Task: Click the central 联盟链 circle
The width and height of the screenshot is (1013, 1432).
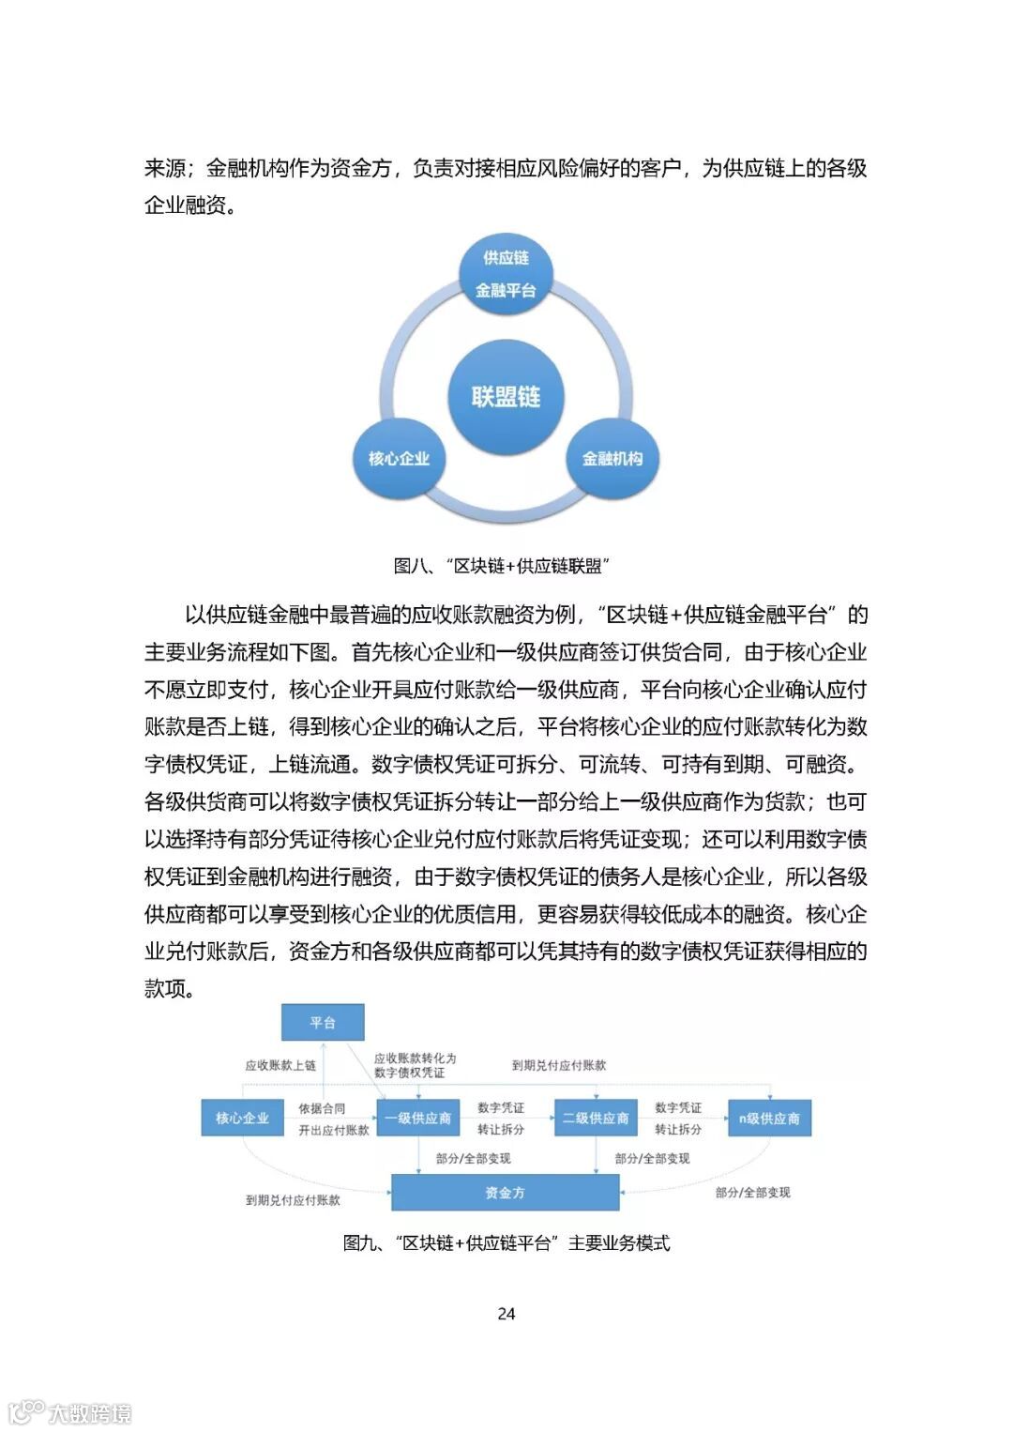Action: pyautogui.click(x=506, y=397)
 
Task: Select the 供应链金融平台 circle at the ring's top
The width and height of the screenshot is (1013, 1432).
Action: pyautogui.click(x=506, y=273)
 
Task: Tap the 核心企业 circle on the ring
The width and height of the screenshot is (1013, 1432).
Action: pyautogui.click(x=399, y=459)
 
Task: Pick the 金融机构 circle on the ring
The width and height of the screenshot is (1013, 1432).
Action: pyautogui.click(x=612, y=459)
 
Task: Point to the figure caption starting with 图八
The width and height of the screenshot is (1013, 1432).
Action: pyautogui.click(x=503, y=566)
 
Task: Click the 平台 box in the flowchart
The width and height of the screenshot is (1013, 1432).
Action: pyautogui.click(x=323, y=1022)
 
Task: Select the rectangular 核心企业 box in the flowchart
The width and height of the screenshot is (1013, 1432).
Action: pyautogui.click(x=242, y=1118)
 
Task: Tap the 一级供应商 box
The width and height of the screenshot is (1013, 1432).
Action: pyautogui.click(x=418, y=1118)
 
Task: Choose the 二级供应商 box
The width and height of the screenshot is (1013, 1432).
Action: pyautogui.click(x=596, y=1118)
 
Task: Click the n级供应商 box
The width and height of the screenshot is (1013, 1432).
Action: pyautogui.click(x=769, y=1118)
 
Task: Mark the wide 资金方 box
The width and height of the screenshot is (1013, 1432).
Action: pyautogui.click(x=505, y=1193)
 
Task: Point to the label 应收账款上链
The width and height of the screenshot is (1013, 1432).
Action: pyautogui.click(x=280, y=1065)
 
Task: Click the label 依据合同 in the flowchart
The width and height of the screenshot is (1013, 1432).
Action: pyautogui.click(x=322, y=1108)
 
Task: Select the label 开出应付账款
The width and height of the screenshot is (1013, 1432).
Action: pyautogui.click(x=334, y=1130)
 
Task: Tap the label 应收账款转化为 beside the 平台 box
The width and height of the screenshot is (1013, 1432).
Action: pyautogui.click(x=415, y=1059)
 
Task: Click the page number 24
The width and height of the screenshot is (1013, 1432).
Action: pyautogui.click(x=506, y=1314)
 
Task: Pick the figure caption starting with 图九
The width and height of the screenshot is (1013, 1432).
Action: pyautogui.click(x=506, y=1243)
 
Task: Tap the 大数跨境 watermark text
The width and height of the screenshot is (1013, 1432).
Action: pyautogui.click(x=90, y=1412)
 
